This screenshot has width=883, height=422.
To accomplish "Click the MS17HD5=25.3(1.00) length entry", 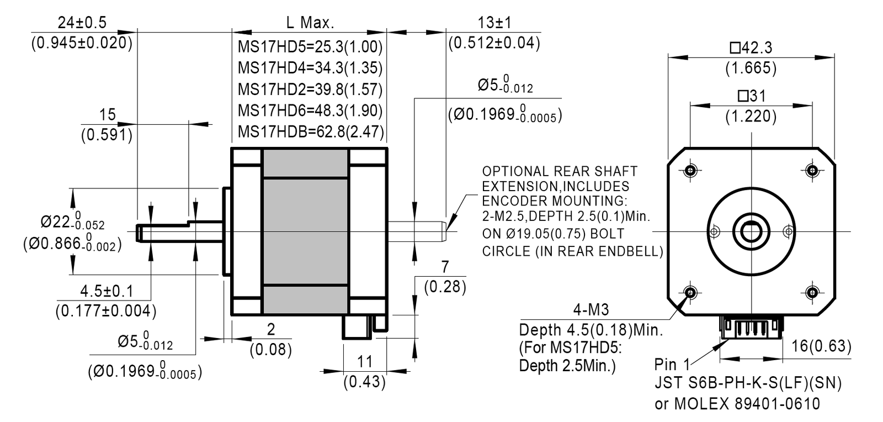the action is [x=310, y=47].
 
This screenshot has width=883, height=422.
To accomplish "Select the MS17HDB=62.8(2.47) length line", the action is [x=311, y=131].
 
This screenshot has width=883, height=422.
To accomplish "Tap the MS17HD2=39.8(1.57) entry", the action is [x=310, y=89].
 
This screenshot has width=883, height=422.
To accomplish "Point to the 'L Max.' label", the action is [x=310, y=23].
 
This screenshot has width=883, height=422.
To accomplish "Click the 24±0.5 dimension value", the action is [x=82, y=23].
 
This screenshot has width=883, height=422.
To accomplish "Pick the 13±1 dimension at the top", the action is [x=494, y=23].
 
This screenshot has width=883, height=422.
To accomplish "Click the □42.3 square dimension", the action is [x=751, y=48].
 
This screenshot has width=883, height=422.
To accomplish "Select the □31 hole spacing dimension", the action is [x=751, y=96].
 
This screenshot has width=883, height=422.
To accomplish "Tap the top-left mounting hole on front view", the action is [x=690, y=170].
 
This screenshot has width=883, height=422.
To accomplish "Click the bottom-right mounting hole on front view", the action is [x=812, y=293].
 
